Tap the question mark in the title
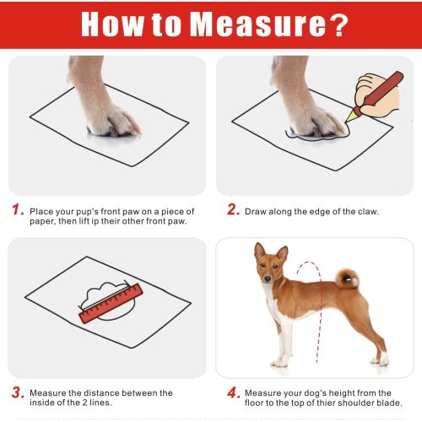coord(338,24)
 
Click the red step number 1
coord(17,210)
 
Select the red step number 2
coord(233,210)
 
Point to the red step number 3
coord(17,392)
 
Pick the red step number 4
coord(233,392)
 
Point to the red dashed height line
coord(318,321)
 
